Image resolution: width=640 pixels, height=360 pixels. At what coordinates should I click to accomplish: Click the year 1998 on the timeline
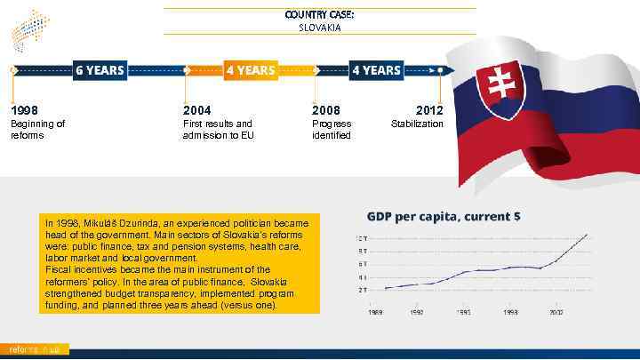[23, 109]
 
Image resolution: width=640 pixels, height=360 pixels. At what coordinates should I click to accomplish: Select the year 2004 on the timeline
[197, 109]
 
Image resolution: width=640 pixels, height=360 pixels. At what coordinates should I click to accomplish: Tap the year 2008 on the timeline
[325, 109]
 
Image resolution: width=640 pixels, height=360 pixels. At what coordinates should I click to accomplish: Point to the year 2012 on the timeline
[428, 109]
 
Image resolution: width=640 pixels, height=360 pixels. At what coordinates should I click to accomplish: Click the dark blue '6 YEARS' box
[100, 70]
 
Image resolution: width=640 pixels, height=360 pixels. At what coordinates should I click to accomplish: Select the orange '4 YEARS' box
[250, 70]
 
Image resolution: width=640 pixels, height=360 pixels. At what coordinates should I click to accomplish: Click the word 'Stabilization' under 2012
[417, 124]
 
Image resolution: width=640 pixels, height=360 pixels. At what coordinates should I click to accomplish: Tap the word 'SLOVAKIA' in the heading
[319, 28]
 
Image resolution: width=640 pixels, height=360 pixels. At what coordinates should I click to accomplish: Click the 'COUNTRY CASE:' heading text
[319, 14]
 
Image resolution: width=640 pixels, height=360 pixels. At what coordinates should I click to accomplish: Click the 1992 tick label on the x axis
[416, 312]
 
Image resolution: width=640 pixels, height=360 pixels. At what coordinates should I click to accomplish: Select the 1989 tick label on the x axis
[377, 312]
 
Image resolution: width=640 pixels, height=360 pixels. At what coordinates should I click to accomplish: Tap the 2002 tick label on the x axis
[556, 312]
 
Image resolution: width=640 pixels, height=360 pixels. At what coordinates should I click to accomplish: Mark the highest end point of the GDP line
[588, 235]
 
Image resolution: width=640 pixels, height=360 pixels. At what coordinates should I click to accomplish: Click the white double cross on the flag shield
[500, 89]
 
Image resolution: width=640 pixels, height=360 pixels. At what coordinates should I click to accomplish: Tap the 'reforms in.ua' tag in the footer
[34, 349]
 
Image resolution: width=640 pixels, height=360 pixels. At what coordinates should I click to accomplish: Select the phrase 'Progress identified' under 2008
[332, 130]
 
